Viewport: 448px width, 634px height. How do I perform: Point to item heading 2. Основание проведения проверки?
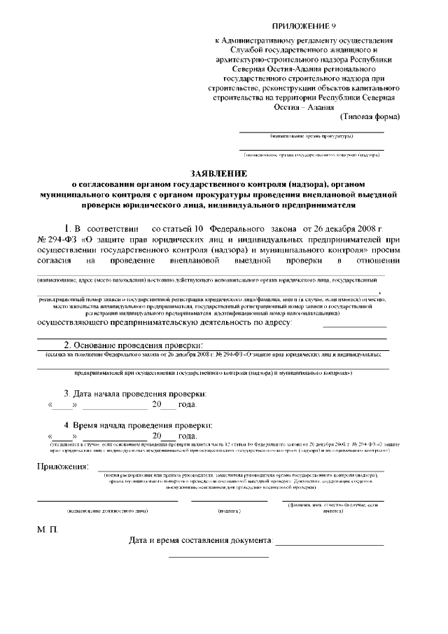click(x=133, y=345)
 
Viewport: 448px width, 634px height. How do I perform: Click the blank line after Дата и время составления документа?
click(x=330, y=544)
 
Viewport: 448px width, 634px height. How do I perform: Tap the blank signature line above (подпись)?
click(x=229, y=501)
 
